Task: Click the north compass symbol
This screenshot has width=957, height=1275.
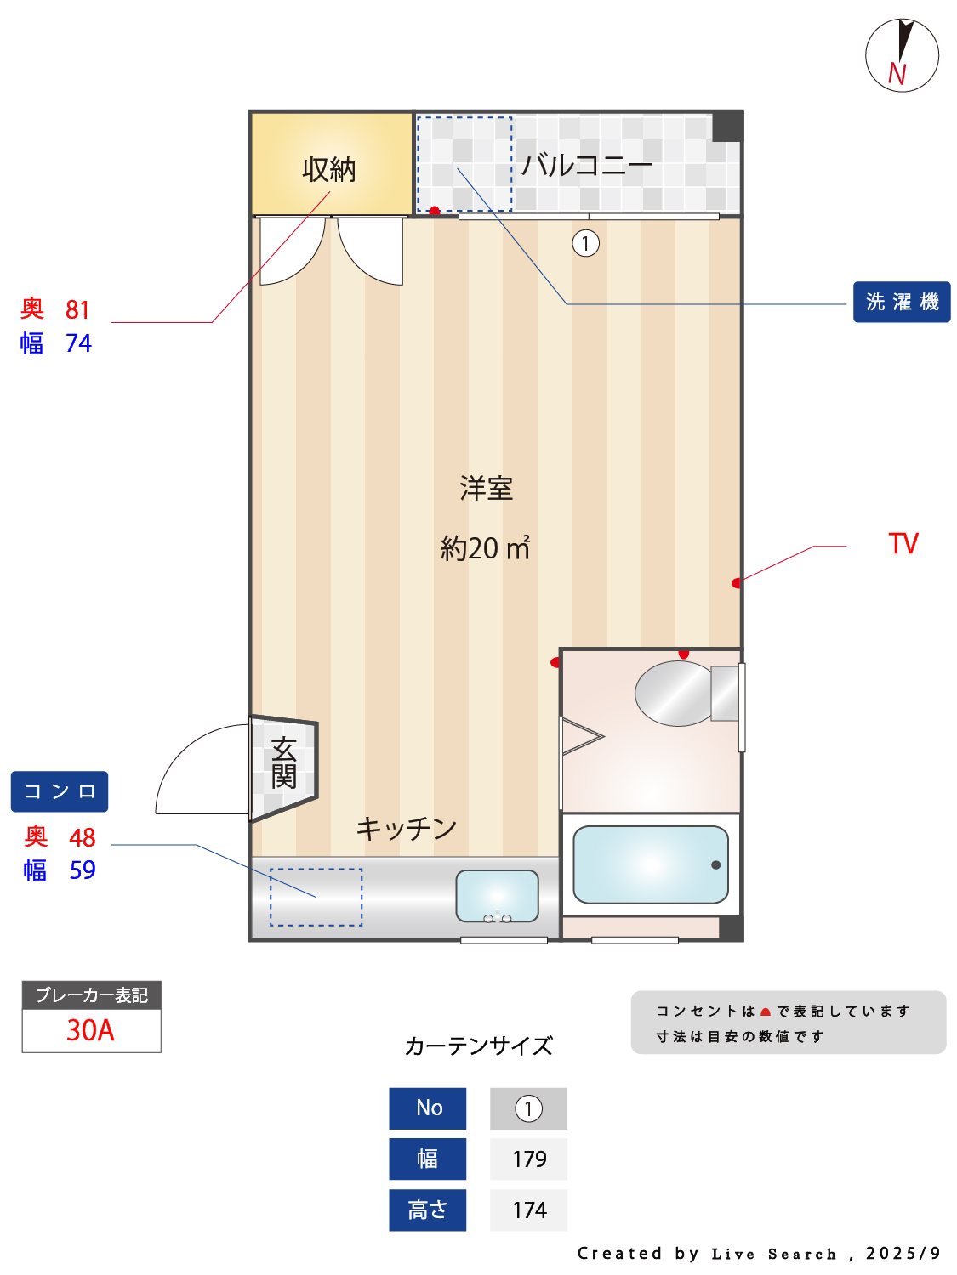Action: tap(902, 55)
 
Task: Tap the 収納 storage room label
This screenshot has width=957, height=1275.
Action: tap(328, 170)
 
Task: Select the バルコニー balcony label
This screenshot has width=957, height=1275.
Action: tap(586, 165)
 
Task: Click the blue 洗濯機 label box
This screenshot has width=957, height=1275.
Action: tap(901, 302)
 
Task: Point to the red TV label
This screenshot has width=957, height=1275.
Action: tap(903, 544)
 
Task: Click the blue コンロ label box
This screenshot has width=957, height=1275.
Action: tap(60, 791)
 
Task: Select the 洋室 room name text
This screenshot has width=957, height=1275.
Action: tap(486, 488)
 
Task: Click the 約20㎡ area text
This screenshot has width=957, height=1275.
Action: tap(485, 547)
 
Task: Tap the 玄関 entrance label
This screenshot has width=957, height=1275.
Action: tap(283, 762)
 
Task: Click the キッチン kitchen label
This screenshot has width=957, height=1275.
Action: tap(406, 828)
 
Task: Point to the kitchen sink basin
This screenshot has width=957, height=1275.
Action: tap(497, 896)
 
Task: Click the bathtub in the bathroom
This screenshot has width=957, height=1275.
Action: tap(650, 864)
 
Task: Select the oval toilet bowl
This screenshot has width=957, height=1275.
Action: tap(674, 693)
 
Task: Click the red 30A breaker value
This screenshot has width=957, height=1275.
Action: tap(91, 1030)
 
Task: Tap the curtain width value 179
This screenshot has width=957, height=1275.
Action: tap(529, 1159)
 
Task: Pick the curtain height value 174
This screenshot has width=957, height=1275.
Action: tap(529, 1210)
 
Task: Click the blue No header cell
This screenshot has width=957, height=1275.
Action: tap(427, 1108)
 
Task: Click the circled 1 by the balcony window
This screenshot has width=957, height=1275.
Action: tap(585, 243)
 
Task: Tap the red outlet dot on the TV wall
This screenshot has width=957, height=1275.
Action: tap(736, 582)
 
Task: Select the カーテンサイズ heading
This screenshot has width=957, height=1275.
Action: tap(478, 1046)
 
